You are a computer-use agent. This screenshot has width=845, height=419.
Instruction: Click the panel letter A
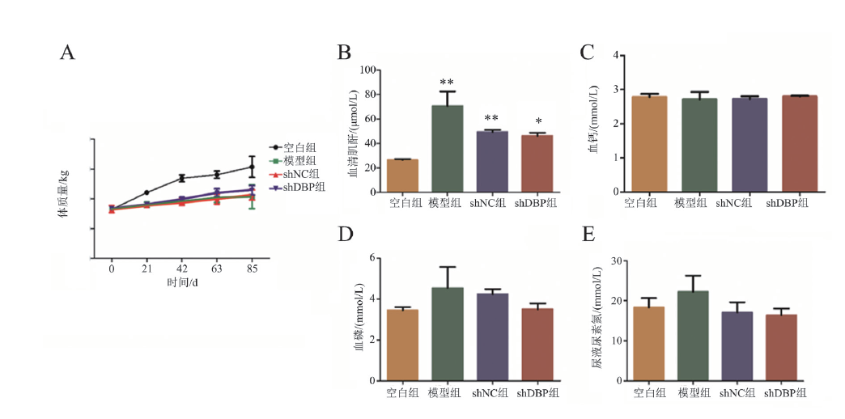(68, 53)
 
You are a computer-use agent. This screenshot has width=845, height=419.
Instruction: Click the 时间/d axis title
(183, 281)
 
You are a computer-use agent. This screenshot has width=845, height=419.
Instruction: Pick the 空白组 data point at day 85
(253, 167)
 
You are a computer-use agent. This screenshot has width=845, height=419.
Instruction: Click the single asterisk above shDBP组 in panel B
(538, 122)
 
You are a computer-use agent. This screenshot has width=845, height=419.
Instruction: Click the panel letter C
(588, 53)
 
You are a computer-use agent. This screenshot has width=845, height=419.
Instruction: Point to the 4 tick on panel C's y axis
(616, 55)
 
